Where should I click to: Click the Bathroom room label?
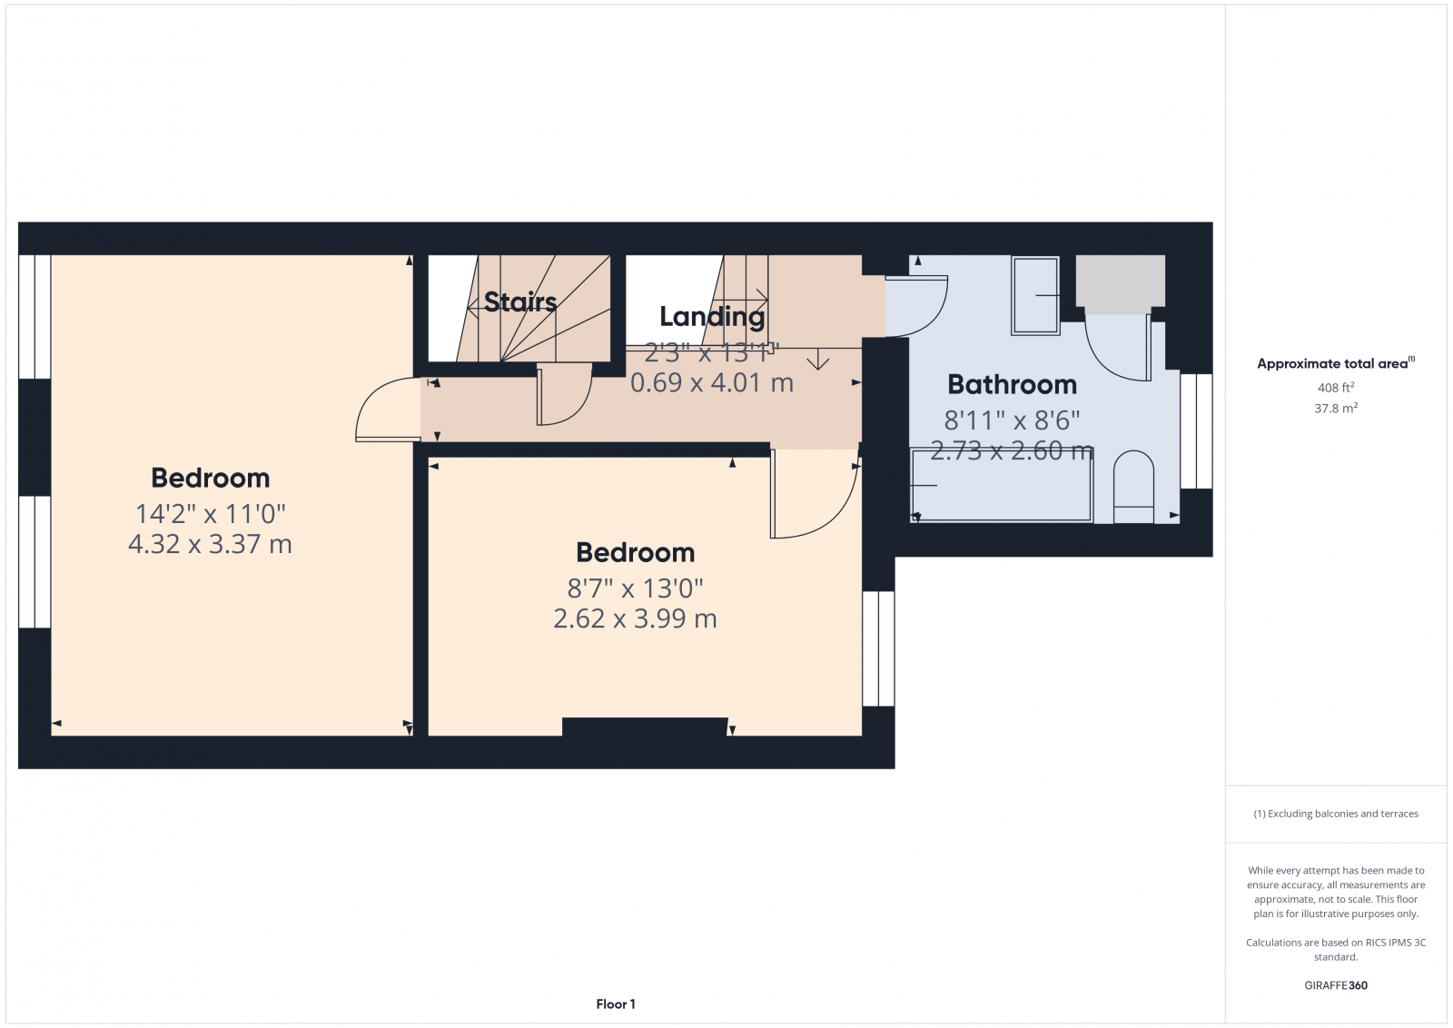1012,385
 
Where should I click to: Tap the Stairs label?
519,301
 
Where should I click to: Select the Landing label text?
712,317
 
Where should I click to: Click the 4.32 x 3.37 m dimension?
210,544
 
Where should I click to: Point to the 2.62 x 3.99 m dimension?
635,618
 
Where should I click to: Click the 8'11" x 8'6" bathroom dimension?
1012,420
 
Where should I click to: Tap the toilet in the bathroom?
1132,487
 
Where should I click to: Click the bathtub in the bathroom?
1001,486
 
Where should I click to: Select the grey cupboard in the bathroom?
1120,281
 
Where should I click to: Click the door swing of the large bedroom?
386,412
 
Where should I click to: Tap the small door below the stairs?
562,396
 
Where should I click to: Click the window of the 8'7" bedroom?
878,648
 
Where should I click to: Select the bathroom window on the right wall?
1196,430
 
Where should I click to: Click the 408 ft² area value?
1335,388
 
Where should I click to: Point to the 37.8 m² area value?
1335,409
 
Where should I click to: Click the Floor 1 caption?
616,1003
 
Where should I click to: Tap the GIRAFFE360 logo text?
1335,985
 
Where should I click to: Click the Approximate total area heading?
1331,364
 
